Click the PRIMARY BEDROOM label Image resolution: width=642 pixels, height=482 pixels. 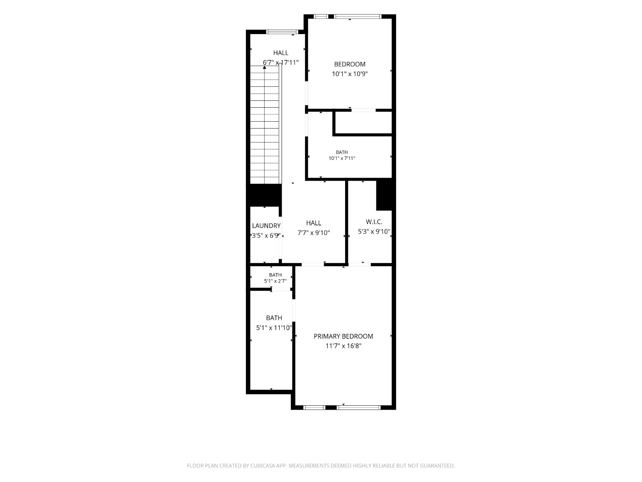pos(343,336)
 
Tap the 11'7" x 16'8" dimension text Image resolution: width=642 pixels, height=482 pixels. pos(343,346)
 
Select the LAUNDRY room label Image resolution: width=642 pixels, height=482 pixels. pos(266,226)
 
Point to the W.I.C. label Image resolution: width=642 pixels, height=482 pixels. pos(374,222)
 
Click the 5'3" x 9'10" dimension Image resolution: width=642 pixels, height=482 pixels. pos(374,231)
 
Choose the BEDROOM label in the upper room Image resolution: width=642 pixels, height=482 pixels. pos(350,64)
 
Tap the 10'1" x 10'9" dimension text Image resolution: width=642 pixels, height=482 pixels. pos(350,74)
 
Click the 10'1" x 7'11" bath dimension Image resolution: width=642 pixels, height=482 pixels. pos(342,158)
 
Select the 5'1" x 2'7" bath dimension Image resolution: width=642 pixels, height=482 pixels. pos(275,281)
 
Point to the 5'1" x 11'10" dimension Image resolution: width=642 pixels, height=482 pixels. pos(274,328)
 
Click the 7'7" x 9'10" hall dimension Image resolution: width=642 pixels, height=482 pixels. pos(314,233)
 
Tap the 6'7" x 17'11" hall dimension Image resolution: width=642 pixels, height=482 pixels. pos(281,62)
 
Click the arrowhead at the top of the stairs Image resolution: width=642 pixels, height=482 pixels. pos(264,67)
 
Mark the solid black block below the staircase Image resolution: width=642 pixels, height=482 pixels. pos(264,195)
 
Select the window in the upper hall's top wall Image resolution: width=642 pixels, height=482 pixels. pos(282,32)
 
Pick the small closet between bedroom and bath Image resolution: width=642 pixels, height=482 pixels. pos(363,123)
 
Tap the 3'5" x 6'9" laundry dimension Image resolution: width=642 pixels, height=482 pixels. pos(266,235)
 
